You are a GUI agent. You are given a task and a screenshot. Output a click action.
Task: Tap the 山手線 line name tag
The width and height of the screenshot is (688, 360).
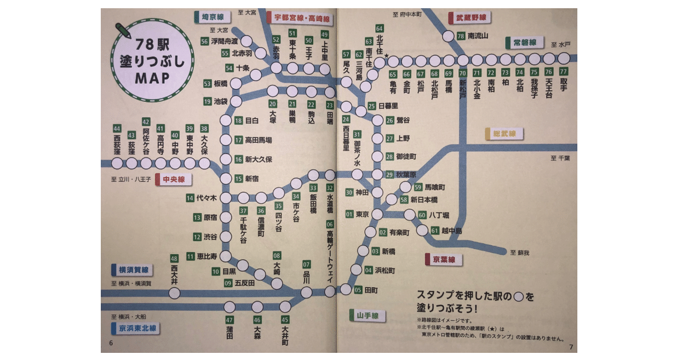pyautogui.click(x=367, y=316)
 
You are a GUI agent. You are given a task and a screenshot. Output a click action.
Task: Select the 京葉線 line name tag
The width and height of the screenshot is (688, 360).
pyautogui.click(x=444, y=259)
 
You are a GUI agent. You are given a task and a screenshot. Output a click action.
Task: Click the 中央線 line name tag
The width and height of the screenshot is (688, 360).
pyautogui.click(x=173, y=180)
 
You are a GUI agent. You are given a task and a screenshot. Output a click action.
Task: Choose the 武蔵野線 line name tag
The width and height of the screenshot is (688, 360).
pyautogui.click(x=470, y=18)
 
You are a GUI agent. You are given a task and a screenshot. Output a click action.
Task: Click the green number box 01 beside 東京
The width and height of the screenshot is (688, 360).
pyautogui.click(x=349, y=214)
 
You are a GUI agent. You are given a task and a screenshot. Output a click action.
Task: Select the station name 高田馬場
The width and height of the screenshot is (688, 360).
pyautogui.click(x=258, y=140)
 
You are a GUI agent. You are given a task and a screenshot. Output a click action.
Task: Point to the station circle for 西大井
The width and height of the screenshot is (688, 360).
pyautogui.click(x=175, y=293)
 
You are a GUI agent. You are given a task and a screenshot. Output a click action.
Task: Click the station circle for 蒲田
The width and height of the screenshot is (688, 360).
pyautogui.click(x=230, y=307)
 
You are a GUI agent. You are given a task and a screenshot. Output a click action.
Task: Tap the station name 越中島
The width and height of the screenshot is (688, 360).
pyautogui.click(x=452, y=231)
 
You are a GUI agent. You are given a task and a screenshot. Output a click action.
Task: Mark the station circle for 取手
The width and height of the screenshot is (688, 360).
pyautogui.click(x=563, y=60)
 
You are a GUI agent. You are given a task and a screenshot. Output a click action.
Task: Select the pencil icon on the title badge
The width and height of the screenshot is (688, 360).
pyautogui.click(x=123, y=30)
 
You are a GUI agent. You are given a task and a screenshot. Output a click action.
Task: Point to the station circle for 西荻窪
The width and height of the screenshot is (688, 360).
pyautogui.click(x=117, y=163)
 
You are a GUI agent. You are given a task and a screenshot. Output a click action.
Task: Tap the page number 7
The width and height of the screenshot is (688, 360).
pyautogui.click(x=571, y=347)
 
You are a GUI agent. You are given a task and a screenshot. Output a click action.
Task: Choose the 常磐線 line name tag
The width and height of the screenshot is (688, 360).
pyautogui.click(x=524, y=43)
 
